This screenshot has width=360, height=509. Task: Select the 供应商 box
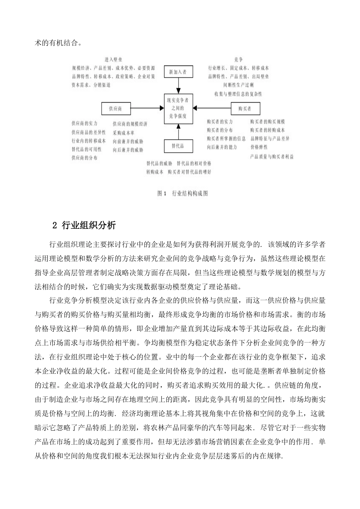pos(116,109)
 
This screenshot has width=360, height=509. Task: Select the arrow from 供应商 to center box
pos(147,109)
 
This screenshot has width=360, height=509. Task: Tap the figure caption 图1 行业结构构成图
pos(183,193)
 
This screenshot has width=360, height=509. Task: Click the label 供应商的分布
pos(84,158)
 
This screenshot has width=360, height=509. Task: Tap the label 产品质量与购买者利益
pos(272,156)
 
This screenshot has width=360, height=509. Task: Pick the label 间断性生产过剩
pos(238,85)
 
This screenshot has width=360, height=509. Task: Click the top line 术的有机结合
pos(58,42)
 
